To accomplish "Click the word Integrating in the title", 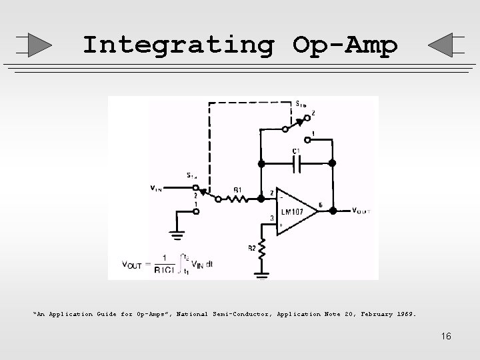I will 177,45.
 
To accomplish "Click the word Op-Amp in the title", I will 345,45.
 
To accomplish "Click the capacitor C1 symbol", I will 296,162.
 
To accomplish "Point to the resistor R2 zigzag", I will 263,252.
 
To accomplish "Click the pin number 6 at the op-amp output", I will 321,205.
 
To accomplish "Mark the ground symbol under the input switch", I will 177,235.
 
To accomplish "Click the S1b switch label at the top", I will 301,104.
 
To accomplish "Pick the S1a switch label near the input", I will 192,176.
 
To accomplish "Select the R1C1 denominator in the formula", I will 165,271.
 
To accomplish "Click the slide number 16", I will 445,336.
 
